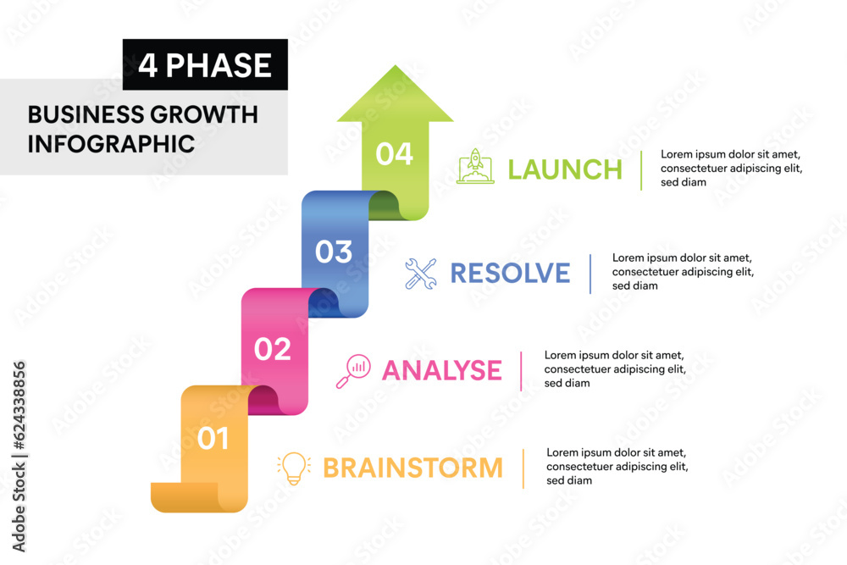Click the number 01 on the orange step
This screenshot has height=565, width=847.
213,438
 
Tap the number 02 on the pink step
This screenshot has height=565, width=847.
272,349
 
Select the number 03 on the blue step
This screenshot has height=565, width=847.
334,252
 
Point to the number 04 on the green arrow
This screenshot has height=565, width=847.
394,154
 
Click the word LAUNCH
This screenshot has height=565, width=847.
565,169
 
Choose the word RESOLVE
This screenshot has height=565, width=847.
510,273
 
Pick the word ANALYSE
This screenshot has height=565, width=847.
442,370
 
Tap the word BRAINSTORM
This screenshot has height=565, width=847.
412,468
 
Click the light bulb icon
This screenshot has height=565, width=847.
293,468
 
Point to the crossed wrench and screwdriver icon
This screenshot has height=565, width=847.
420,274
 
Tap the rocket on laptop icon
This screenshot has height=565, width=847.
475,167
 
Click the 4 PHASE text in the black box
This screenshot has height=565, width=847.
205,65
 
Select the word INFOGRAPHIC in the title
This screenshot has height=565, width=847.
111,143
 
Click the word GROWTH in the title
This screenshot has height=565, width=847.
203,114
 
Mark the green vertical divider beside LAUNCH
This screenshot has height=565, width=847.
641,169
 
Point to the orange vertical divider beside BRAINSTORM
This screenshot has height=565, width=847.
523,468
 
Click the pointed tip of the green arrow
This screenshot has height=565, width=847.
395,68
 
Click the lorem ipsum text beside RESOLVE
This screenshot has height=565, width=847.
683,272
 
